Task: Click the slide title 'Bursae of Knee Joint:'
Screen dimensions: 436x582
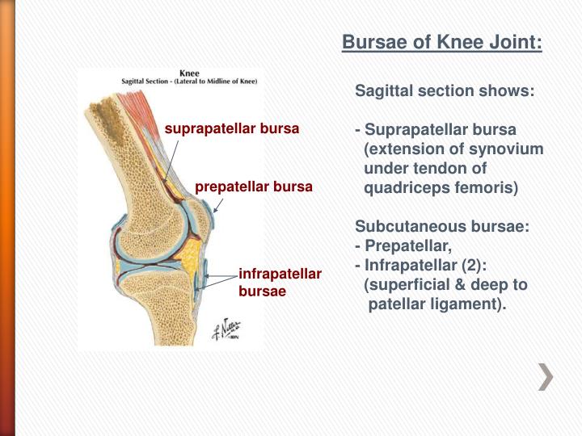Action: (x=442, y=42)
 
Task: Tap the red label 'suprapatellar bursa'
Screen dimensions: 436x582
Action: (x=232, y=128)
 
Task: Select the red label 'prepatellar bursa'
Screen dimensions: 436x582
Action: (x=253, y=187)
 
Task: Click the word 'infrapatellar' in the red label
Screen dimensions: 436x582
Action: (x=280, y=275)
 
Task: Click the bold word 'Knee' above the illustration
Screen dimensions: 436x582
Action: (x=189, y=73)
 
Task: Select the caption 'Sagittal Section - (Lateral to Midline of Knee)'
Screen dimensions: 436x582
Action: (x=189, y=82)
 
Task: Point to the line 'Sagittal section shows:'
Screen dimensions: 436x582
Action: (x=445, y=92)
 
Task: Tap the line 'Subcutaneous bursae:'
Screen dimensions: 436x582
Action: (x=442, y=228)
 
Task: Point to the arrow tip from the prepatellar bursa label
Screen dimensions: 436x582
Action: (x=214, y=212)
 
